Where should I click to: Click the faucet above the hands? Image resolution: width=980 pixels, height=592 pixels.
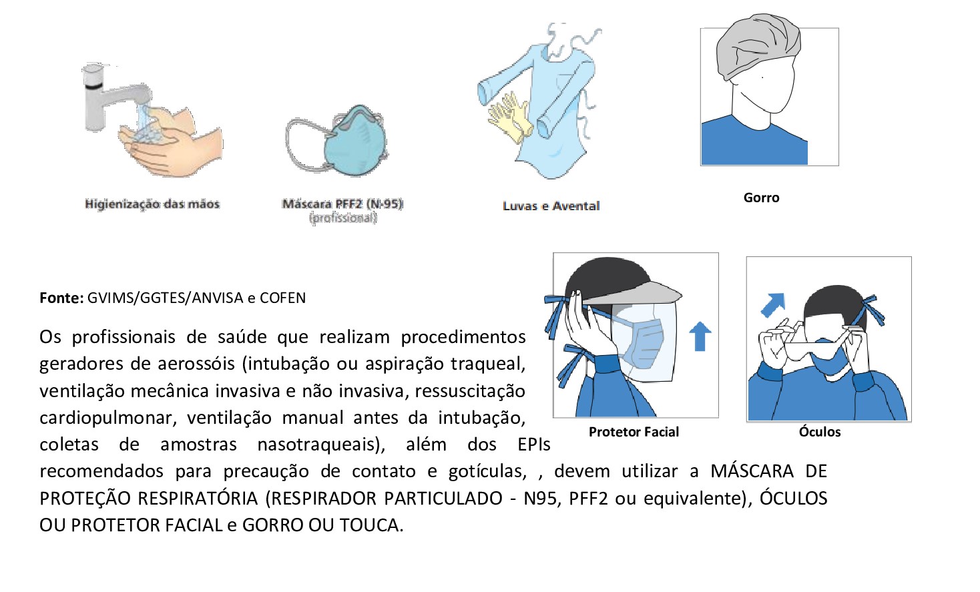pos(107,93)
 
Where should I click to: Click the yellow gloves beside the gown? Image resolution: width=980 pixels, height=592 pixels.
pos(509,117)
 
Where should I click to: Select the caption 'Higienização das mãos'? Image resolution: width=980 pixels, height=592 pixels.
pos(152,204)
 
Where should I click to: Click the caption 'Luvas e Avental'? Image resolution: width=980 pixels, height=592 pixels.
pos(551,206)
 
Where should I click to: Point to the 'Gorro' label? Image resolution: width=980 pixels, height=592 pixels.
pos(761,198)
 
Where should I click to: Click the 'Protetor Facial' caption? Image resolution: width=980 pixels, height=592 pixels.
pos(634,432)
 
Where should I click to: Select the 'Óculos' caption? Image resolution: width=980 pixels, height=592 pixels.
pos(820,432)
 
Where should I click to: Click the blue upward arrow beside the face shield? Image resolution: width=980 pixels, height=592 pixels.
pos(700,336)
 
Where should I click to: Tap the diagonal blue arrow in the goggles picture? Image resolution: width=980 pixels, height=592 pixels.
pos(772,306)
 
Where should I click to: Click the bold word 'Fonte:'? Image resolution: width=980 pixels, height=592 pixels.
pos(61,298)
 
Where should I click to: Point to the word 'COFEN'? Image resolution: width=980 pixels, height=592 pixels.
pos(282,298)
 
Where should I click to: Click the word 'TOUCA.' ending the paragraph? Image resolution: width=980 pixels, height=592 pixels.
pos(371,525)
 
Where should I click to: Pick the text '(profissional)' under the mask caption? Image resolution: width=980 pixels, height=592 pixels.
pos(343,218)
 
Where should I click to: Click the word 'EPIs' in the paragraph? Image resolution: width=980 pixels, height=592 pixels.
pos(533,445)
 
